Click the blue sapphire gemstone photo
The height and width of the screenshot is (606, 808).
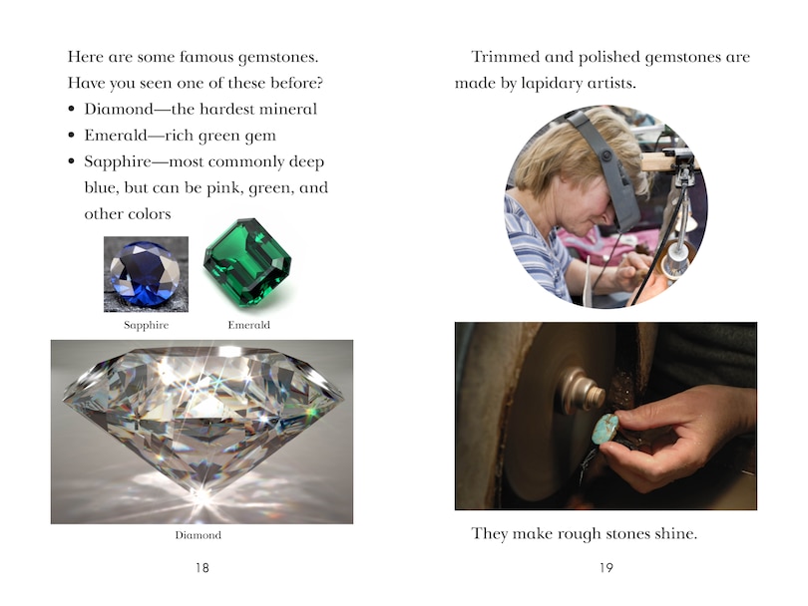click(146, 274)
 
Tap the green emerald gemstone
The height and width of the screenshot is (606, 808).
click(247, 262)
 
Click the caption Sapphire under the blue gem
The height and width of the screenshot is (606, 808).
click(146, 325)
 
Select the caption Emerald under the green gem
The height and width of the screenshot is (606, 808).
click(249, 325)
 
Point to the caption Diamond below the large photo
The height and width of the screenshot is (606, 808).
click(198, 535)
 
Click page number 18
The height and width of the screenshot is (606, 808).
click(202, 568)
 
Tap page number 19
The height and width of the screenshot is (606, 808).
click(606, 568)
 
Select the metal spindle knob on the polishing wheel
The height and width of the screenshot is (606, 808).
click(583, 391)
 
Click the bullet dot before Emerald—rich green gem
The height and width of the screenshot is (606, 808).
click(72, 136)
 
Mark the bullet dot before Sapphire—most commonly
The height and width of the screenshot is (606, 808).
click(72, 161)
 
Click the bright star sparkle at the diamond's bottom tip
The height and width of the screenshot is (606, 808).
click(202, 496)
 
